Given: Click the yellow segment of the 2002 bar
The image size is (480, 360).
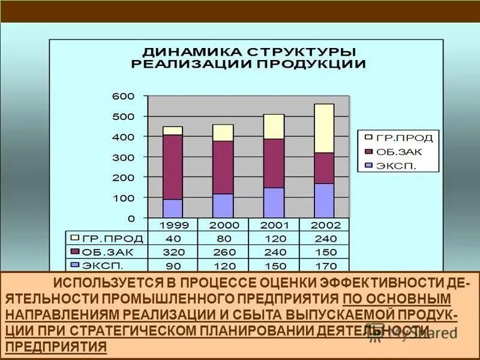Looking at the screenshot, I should [324, 128].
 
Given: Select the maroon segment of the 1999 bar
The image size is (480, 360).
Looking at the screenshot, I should [173, 167].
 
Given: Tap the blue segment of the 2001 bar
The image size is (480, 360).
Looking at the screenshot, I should [274, 203].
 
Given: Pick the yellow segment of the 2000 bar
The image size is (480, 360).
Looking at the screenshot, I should [223, 133].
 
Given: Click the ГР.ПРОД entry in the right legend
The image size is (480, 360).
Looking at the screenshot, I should [404, 137].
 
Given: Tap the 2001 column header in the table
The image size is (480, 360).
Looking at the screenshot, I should [274, 226].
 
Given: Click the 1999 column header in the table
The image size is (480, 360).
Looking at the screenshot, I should [173, 226].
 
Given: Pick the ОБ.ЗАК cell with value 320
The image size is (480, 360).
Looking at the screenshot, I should [173, 252].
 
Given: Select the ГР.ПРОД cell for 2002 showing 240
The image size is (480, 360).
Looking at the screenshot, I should [324, 239].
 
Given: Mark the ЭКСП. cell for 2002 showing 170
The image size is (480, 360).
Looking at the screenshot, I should [324, 265].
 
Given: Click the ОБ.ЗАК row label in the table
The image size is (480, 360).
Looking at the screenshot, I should [102, 252].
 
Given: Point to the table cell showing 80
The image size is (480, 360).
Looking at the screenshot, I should [223, 239].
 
